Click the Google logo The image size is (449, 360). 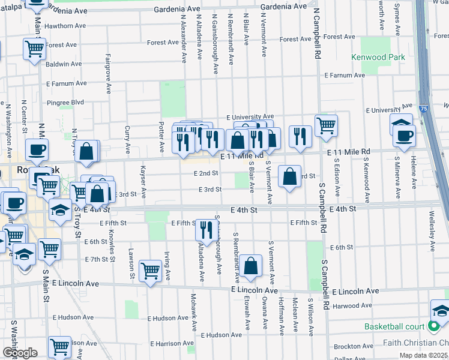20,353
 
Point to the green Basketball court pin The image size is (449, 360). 434,326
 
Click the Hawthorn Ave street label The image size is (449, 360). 65,26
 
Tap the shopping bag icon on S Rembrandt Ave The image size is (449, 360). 252,266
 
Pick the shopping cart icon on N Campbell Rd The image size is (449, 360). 326,125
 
